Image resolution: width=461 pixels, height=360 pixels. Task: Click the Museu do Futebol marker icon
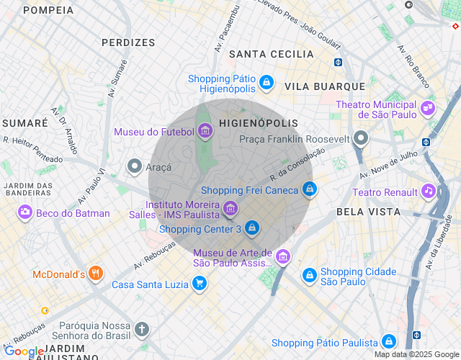click(205, 131)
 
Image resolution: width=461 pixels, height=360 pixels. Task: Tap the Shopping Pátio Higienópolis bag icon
click(267, 83)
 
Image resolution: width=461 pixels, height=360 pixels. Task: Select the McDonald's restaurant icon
click(97, 274)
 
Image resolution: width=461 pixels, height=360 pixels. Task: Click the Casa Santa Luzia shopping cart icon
click(199, 284)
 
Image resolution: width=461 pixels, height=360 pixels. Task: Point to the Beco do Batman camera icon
click(25, 212)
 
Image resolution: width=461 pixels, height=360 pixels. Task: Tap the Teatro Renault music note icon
click(429, 192)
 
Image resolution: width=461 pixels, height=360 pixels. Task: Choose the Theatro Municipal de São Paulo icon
click(428, 108)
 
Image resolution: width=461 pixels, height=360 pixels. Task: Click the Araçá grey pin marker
click(134, 166)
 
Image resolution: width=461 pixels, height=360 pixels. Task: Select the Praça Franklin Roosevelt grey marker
click(362, 138)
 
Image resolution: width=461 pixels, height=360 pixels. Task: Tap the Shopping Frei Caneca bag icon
click(309, 189)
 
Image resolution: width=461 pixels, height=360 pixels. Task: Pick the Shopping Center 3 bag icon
click(251, 228)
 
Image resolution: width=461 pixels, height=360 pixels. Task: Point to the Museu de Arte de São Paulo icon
click(283, 256)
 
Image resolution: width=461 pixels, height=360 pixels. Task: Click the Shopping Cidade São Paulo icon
click(309, 275)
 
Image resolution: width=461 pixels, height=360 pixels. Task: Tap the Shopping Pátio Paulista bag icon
click(389, 341)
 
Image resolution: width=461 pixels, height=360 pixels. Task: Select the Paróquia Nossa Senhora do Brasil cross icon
click(143, 330)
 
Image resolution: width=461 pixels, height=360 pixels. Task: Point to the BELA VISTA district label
click(368, 212)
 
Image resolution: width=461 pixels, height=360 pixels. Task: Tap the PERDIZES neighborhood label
click(128, 42)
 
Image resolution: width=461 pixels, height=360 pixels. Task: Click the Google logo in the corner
click(24, 351)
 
